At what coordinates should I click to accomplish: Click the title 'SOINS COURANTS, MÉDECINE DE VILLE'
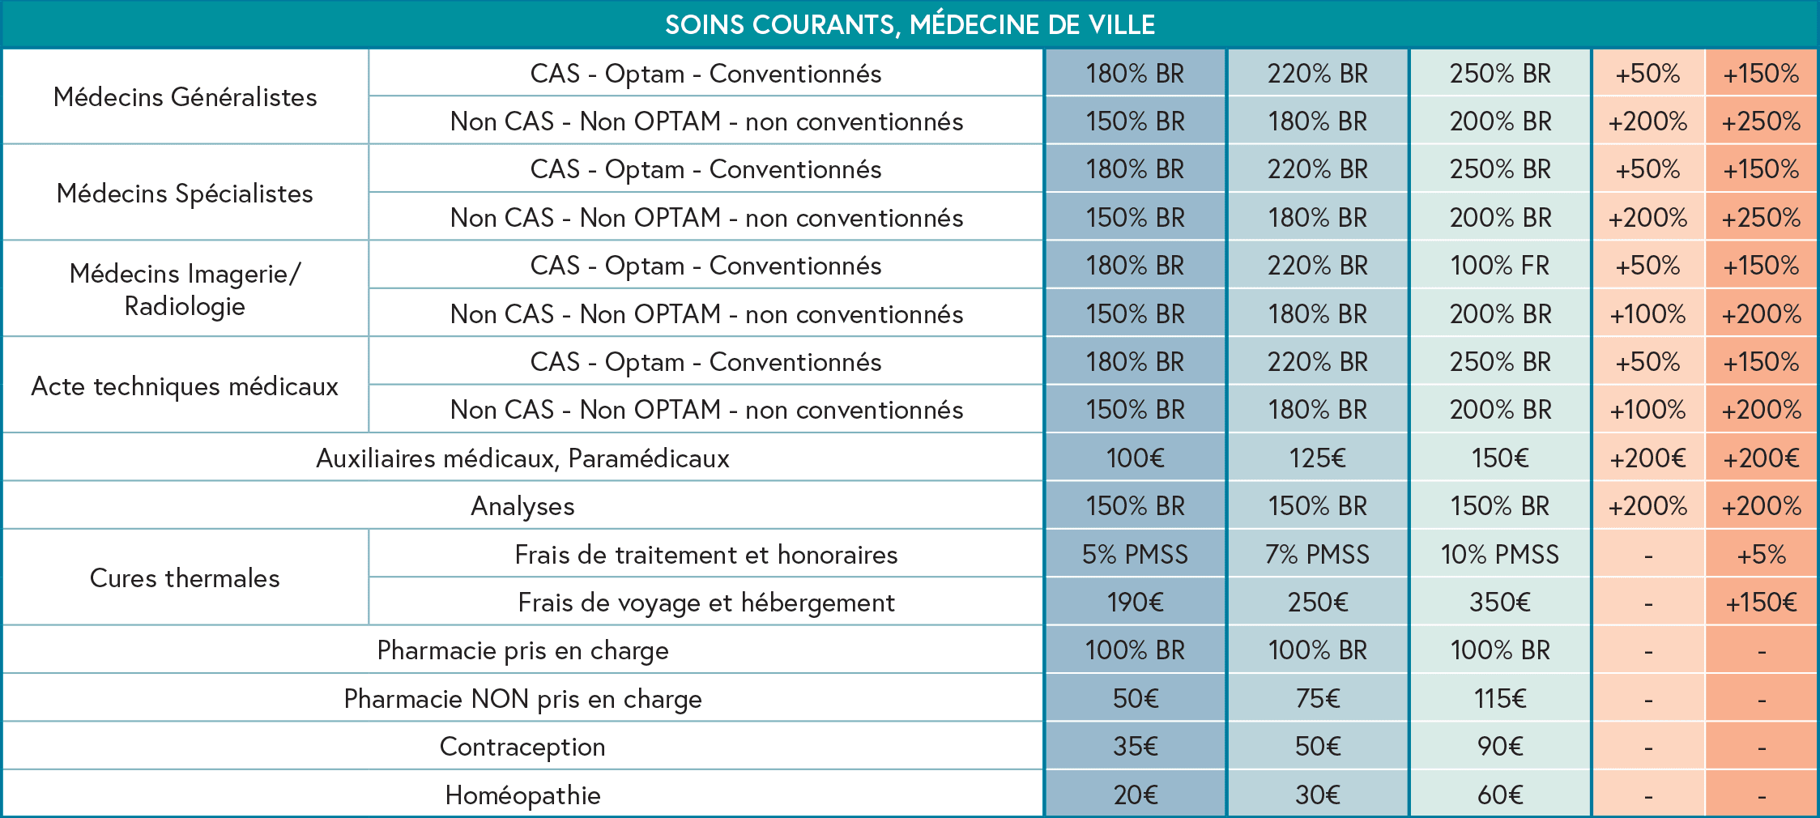910,24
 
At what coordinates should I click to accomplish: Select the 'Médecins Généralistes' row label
185,97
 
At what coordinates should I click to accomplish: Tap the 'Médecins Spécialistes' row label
185,194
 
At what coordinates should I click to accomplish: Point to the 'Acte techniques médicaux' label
185,386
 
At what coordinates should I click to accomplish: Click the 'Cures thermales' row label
185,578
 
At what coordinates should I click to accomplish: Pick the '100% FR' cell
1499,266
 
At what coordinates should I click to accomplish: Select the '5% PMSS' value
1135,555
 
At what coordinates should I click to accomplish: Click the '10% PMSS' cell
1499,555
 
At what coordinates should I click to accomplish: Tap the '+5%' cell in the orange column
1762,555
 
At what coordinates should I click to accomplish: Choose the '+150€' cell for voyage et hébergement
1762,603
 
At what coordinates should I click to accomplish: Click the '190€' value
1135,603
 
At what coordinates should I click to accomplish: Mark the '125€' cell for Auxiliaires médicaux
1317,458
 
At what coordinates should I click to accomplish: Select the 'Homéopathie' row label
522,795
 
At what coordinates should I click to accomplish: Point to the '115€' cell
1499,699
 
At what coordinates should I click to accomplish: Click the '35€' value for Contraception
1135,747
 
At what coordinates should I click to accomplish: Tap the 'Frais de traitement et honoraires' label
706,555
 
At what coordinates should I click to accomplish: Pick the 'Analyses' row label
522,506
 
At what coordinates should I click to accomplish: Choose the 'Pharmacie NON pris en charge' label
522,699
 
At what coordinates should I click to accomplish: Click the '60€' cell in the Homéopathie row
1499,795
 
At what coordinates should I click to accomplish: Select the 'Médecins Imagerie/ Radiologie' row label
185,289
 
